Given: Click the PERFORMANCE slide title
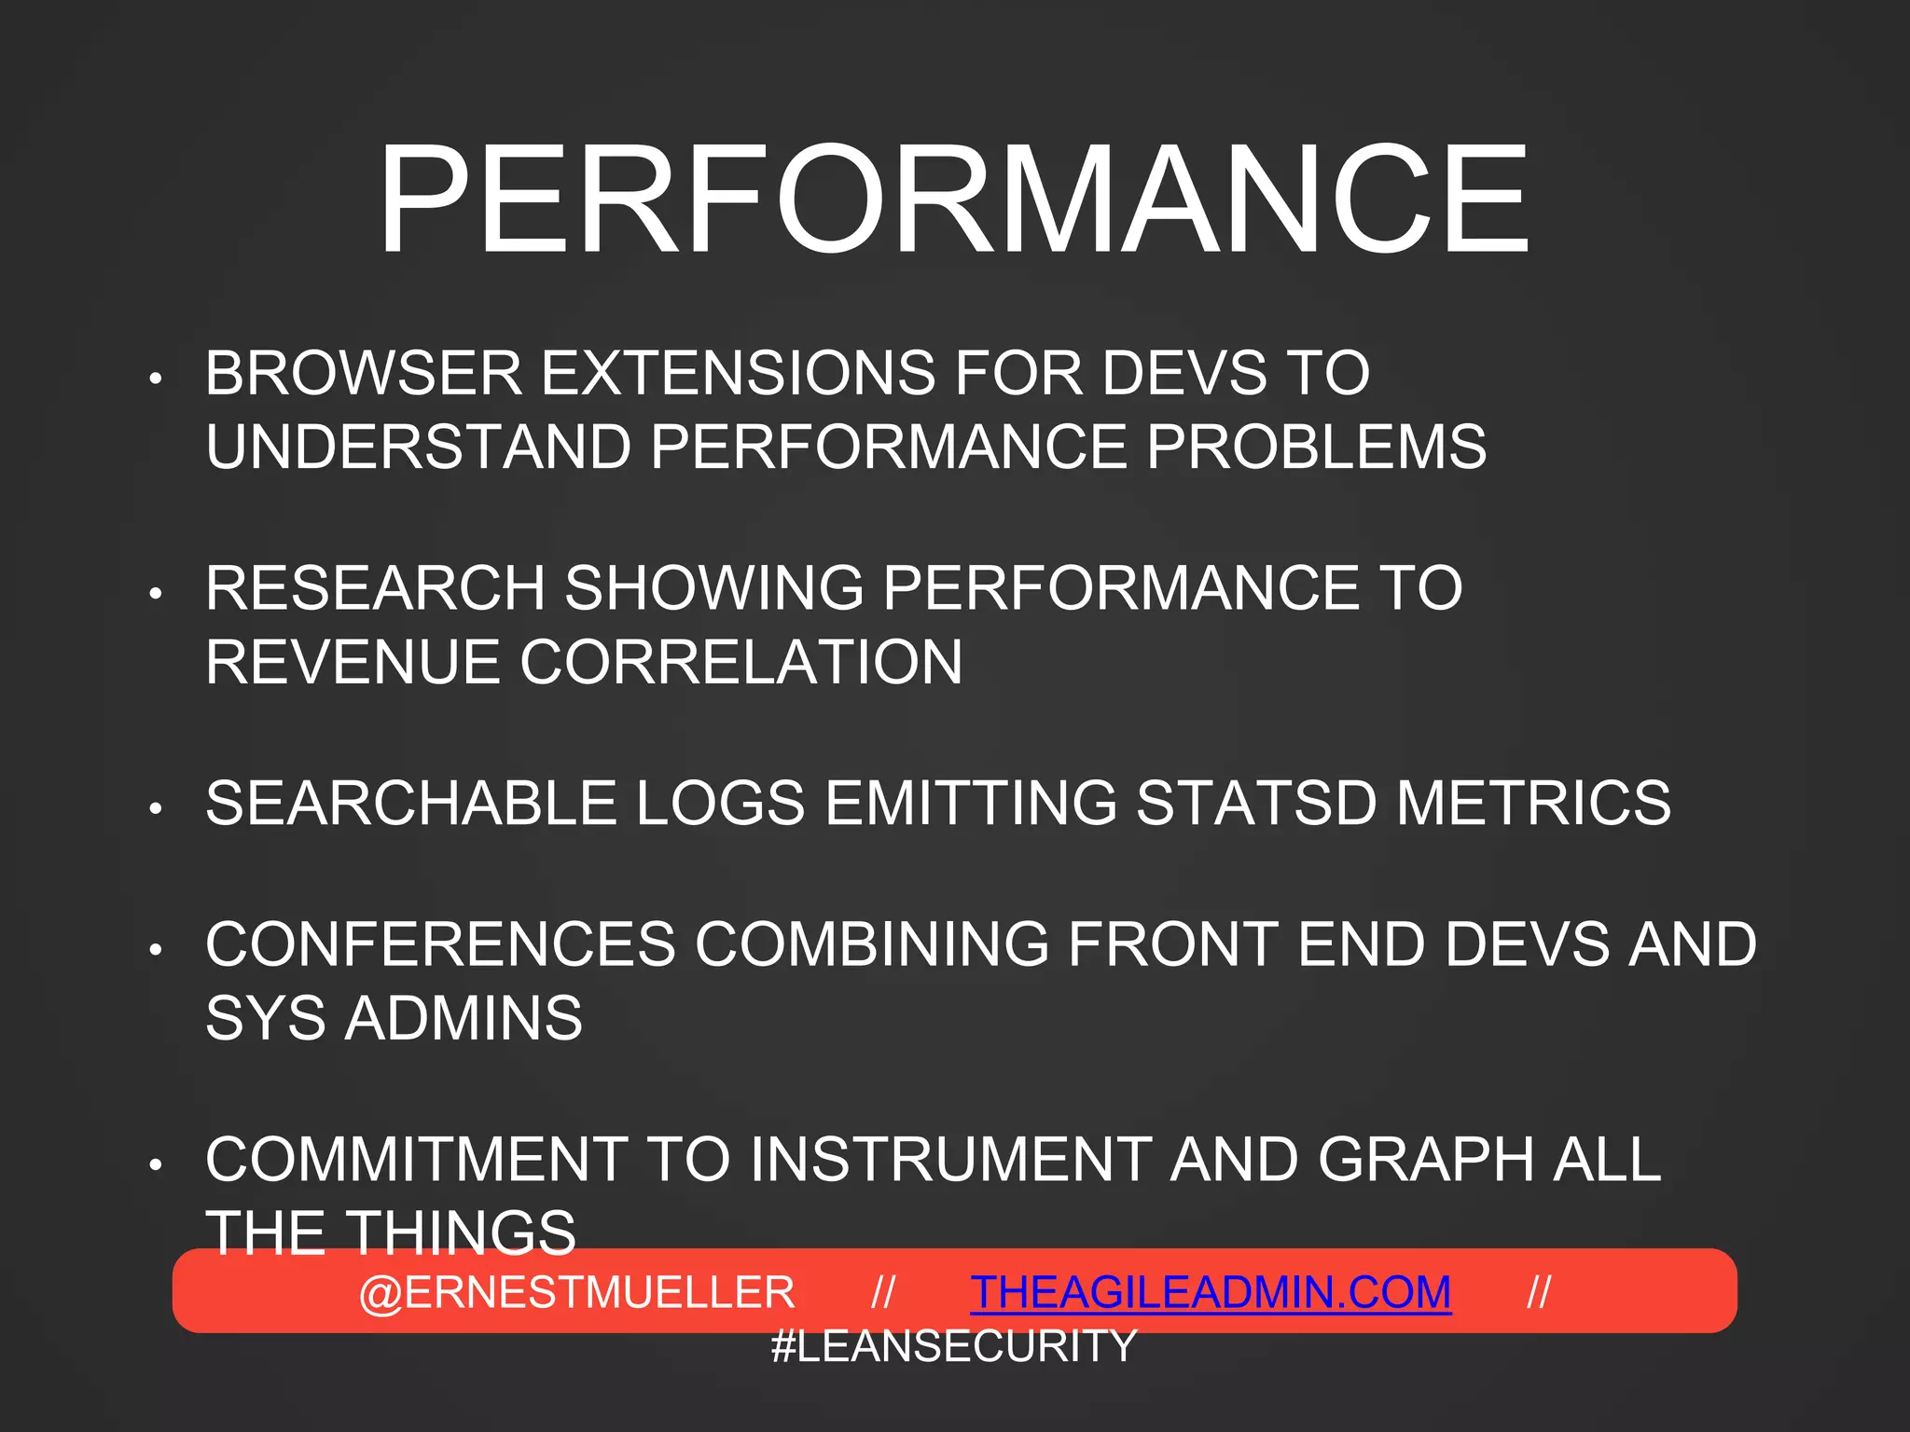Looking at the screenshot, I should (x=953, y=200).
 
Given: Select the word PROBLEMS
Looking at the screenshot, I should (x=1316, y=447).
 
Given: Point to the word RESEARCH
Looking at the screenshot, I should (x=375, y=588).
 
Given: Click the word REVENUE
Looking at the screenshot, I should (x=353, y=662).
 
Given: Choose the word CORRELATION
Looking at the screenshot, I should (x=740, y=662).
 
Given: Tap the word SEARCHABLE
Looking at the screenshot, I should (x=411, y=803).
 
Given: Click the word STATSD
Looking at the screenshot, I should (x=1255, y=803).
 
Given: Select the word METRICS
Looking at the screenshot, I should (x=1533, y=803).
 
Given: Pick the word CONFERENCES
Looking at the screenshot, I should (x=440, y=944).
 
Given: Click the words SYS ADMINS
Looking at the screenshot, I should (x=394, y=1018).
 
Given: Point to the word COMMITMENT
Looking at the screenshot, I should (x=416, y=1160).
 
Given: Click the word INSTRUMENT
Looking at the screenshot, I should (x=950, y=1160).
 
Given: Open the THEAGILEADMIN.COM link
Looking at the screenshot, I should (x=1211, y=1293).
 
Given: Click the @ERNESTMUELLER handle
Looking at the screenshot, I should (x=576, y=1293).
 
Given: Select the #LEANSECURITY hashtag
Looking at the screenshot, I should (x=954, y=1346).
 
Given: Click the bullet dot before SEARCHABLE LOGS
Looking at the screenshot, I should (x=156, y=808).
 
